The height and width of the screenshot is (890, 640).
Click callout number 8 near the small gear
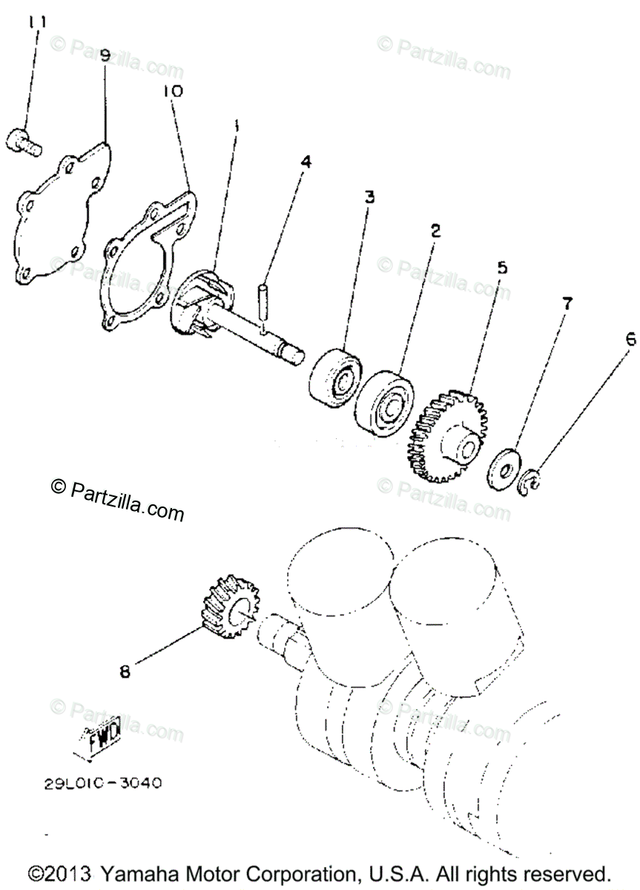click(125, 671)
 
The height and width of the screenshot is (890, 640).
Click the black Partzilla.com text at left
click(117, 497)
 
